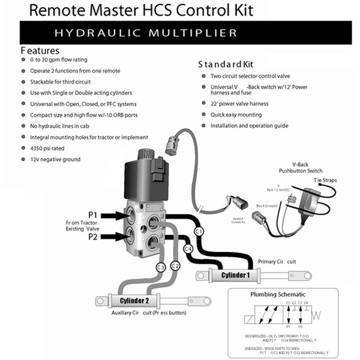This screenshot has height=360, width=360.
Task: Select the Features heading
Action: point(41,50)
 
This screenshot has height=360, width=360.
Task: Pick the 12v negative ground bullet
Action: point(60,160)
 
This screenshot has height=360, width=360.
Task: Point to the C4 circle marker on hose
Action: point(187,249)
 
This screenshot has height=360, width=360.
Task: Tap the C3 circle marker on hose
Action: point(159,266)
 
